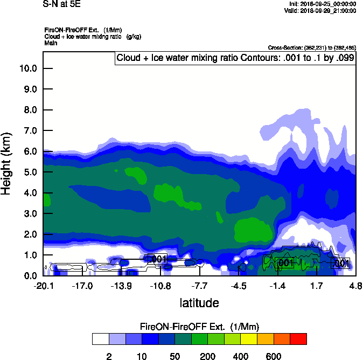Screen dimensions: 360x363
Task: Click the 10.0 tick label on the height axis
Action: point(28,68)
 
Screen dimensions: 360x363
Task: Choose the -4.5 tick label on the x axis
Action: point(239,286)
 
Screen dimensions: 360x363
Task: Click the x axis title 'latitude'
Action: point(199,303)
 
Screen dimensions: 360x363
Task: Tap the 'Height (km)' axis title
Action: point(7,163)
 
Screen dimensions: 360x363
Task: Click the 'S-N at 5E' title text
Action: point(61,3)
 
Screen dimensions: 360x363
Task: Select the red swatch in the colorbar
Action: point(298,339)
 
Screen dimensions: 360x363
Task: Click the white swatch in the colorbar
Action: point(100,339)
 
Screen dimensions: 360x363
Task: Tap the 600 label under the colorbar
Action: point(274,356)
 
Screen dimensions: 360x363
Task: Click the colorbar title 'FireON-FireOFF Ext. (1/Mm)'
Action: point(200,327)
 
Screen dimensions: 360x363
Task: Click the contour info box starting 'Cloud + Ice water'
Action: point(235,58)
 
